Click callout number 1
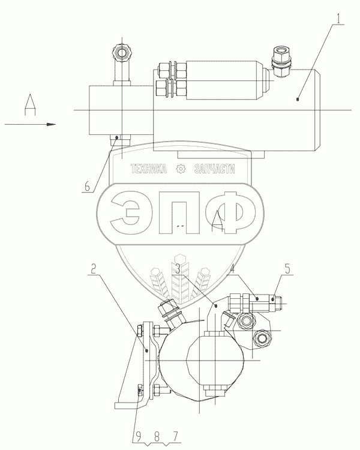tap(339, 19)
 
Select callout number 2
tap(93, 269)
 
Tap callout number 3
tap(178, 269)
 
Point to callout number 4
tap(232, 269)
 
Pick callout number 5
tap(287, 269)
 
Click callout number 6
tap(87, 187)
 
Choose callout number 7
tap(175, 437)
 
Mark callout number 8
tap(157, 437)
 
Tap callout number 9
tap(139, 437)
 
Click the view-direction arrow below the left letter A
tap(30, 124)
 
